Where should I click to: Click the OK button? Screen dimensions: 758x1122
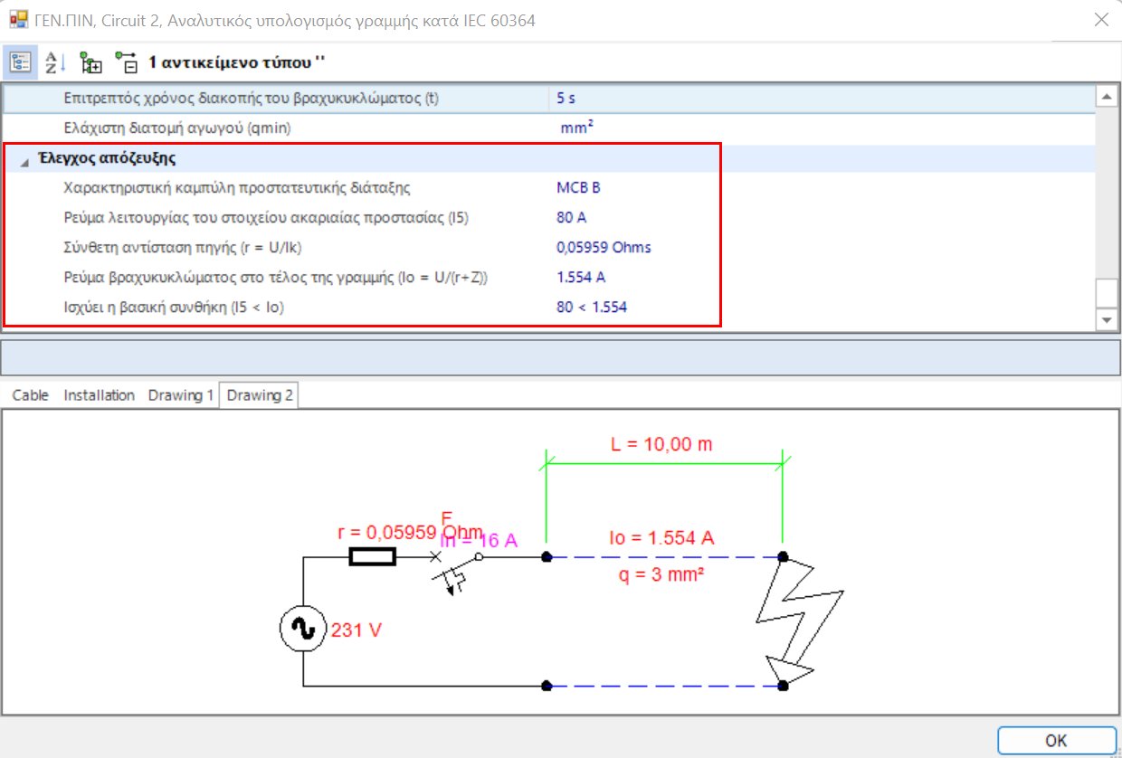1056,740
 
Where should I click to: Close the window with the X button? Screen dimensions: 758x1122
1101,20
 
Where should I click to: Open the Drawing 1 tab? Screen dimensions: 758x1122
181,395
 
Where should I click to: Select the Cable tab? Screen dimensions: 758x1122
31,395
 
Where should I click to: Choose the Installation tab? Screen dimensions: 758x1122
99,395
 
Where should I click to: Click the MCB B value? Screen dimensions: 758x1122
578,188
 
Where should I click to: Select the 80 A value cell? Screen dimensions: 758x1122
572,218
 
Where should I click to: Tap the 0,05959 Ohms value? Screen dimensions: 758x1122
604,248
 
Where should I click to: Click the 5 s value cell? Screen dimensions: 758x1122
566,98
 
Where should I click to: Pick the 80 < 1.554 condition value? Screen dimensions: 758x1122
592,308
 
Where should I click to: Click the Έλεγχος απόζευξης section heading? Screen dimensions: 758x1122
113,159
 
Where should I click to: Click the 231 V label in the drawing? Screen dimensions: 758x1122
357,630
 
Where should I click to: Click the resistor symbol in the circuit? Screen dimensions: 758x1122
372,557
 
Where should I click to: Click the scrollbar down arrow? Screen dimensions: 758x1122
1107,320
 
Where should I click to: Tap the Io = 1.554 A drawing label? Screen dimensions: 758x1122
661,538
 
